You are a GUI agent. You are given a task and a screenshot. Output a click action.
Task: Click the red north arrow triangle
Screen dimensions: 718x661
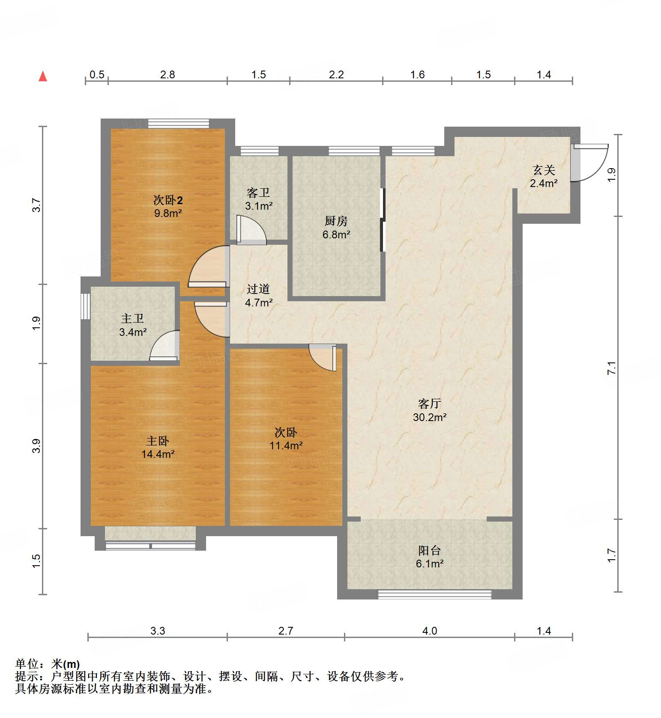click(43, 76)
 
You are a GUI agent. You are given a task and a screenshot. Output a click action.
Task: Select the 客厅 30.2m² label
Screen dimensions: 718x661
click(430, 410)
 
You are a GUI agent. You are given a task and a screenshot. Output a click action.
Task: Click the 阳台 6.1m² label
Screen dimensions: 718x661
click(429, 557)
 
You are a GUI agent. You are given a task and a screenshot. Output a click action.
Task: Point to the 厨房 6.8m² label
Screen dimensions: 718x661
click(336, 228)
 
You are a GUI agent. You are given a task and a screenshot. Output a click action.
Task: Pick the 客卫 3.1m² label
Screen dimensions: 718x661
click(259, 199)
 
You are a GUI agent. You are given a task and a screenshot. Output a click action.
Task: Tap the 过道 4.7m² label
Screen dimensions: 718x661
click(259, 296)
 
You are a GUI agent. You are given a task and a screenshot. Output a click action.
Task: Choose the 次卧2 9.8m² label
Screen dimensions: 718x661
click(168, 206)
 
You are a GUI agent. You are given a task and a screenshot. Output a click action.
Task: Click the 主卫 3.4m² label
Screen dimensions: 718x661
click(133, 325)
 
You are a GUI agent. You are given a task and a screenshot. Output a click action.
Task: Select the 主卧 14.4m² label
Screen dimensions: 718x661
click(158, 447)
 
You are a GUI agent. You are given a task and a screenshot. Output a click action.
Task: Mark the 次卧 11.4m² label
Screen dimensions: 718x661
click(286, 439)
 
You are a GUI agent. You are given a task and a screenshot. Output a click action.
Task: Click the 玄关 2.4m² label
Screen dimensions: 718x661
click(544, 177)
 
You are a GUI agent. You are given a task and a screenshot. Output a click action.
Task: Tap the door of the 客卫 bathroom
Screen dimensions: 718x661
click(251, 230)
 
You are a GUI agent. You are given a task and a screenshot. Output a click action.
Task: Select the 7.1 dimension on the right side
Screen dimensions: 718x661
click(611, 368)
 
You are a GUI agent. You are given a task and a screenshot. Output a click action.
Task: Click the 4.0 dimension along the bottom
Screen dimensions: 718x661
click(430, 631)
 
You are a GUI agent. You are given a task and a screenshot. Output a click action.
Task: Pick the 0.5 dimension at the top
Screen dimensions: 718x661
click(97, 74)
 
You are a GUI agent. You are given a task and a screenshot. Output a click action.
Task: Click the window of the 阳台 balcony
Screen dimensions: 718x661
click(434, 594)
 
